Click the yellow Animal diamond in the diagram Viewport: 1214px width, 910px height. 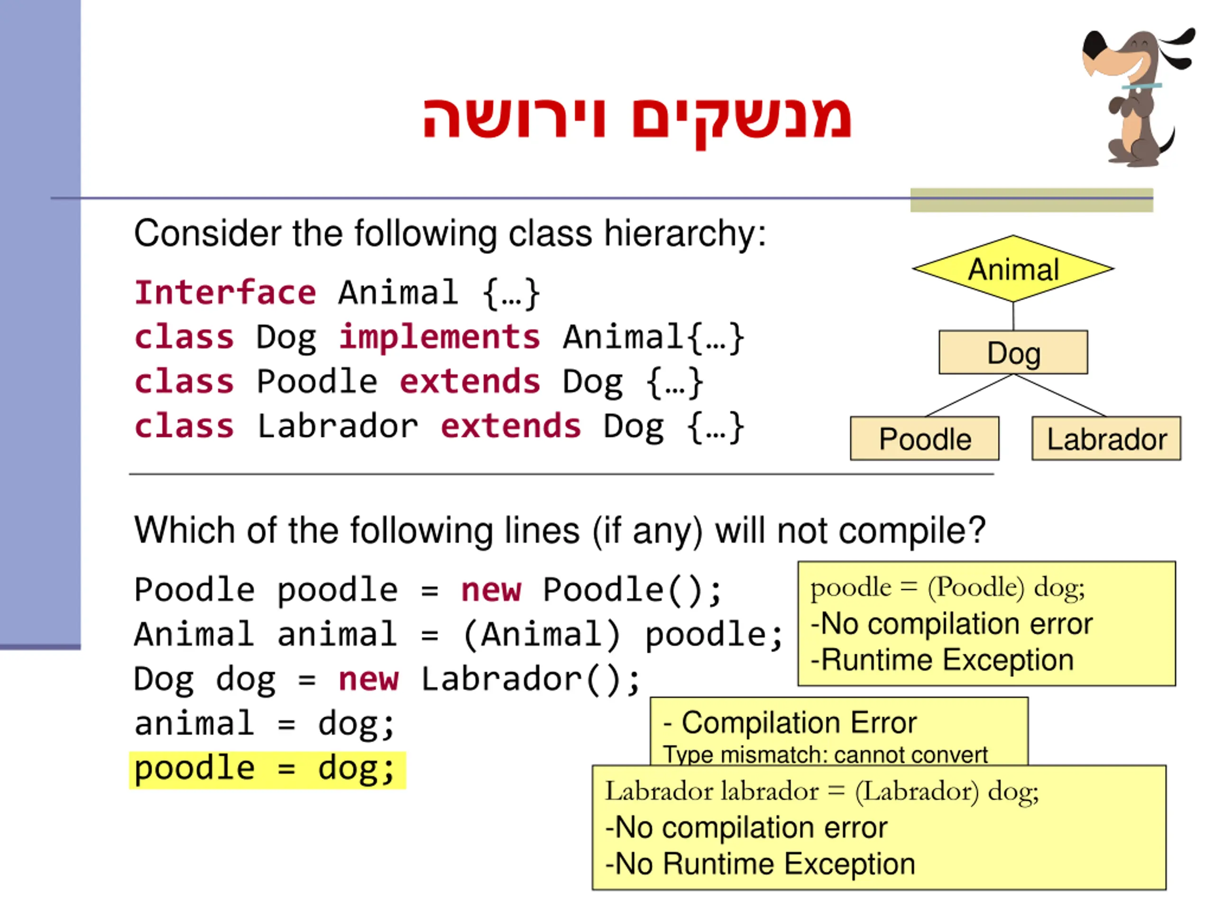point(1013,269)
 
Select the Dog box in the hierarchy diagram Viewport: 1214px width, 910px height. point(1013,352)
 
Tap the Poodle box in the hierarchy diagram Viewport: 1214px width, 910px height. point(925,438)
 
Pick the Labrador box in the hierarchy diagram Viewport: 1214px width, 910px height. point(1106,438)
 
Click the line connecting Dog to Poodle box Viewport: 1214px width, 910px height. point(969,395)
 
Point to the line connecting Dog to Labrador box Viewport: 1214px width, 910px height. point(1059,395)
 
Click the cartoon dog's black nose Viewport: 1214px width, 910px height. point(1093,44)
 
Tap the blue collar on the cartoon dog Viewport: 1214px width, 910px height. point(1141,86)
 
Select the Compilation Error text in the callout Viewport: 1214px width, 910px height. point(799,722)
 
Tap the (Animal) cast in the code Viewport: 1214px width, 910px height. point(542,635)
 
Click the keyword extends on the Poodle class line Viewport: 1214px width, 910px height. point(470,381)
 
